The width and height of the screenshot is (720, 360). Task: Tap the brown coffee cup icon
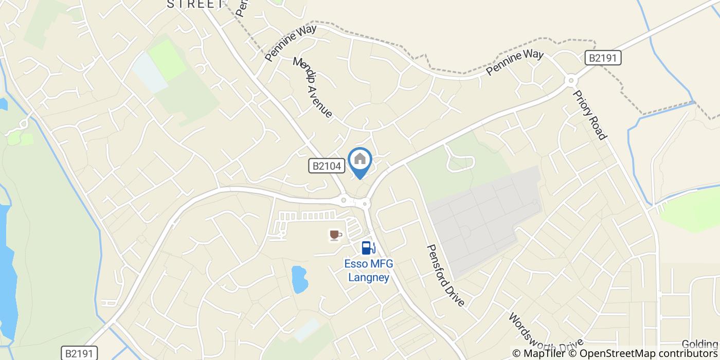point(335,235)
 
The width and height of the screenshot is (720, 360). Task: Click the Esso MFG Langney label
point(368,271)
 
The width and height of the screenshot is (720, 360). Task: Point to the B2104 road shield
point(327,166)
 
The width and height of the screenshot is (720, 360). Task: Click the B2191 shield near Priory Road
point(603,58)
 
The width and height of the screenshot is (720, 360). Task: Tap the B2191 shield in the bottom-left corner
point(79,353)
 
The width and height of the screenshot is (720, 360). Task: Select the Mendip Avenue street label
point(313,87)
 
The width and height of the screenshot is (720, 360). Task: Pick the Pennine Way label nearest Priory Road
point(514,62)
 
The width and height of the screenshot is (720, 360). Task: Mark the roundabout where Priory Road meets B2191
point(570,80)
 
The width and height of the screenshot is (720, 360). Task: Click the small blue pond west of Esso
point(299,279)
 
